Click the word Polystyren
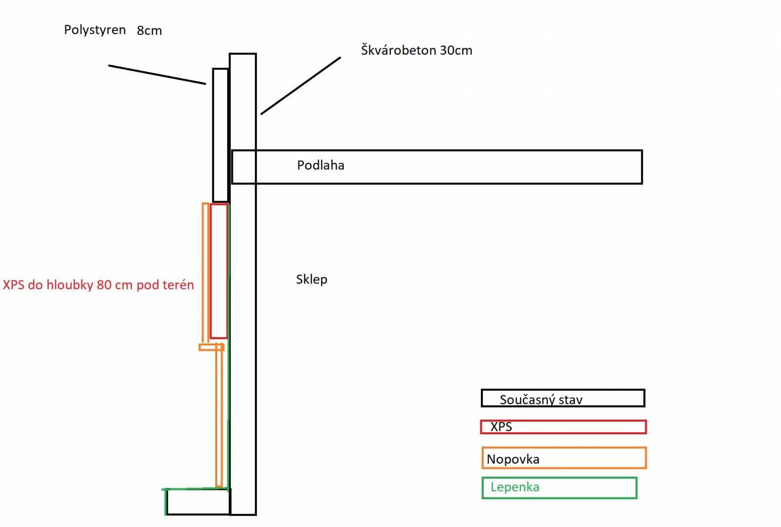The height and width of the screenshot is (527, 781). [95, 30]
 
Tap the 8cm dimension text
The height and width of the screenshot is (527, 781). [149, 31]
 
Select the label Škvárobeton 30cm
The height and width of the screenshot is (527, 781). [417, 50]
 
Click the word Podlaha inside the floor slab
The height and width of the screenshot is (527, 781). [320, 165]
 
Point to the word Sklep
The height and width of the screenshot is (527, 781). [312, 280]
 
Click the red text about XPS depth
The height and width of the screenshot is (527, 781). [98, 285]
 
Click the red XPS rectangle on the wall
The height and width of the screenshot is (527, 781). [210, 271]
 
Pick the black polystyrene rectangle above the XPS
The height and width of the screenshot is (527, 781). [213, 135]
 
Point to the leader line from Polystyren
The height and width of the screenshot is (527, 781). [157, 75]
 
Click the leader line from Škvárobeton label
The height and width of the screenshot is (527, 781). [301, 86]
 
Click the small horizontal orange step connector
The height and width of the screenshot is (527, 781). [211, 347]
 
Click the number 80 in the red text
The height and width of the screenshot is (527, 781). [103, 285]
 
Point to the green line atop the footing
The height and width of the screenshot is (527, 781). [195, 489]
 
